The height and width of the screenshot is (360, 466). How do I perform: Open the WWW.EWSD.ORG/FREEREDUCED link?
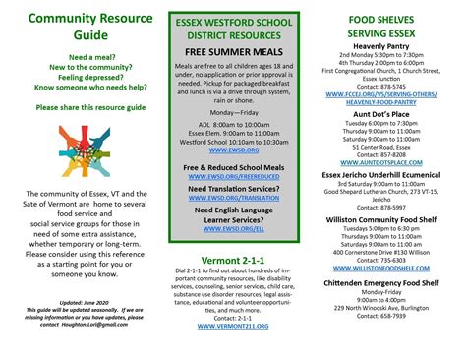click(232, 179)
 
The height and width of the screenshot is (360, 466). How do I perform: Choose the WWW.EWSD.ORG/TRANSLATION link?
click(232, 198)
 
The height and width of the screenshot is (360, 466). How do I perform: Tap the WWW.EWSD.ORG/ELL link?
click(232, 228)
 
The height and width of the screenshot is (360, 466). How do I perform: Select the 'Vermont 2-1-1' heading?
click(232, 261)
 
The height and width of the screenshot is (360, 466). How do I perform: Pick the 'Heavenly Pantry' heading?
click(394, 46)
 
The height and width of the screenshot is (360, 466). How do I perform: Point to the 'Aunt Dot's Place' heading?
click(394, 114)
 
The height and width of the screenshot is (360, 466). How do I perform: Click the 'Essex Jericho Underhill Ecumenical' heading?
click(394, 175)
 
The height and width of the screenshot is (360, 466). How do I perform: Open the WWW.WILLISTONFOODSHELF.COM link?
click(394, 269)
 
